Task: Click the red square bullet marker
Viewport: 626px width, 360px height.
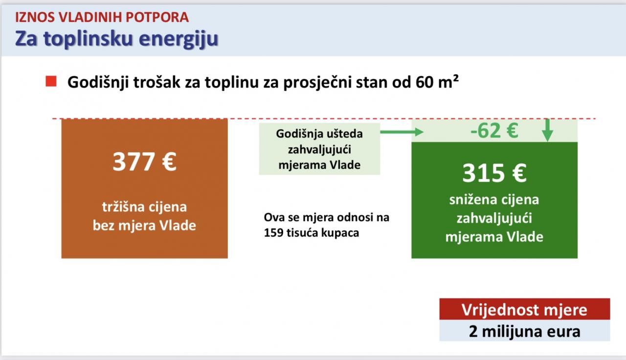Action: tap(51, 81)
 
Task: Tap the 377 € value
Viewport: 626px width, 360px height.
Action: tap(144, 161)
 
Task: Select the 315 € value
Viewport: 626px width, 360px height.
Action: tap(494, 173)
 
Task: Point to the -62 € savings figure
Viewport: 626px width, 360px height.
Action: tap(494, 131)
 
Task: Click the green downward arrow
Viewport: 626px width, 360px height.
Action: tap(547, 130)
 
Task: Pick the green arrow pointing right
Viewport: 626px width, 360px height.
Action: tap(402, 132)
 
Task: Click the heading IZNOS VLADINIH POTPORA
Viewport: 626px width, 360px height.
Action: tap(102, 17)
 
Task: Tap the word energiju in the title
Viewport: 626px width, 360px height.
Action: tap(179, 39)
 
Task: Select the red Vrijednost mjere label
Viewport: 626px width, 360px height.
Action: tap(525, 309)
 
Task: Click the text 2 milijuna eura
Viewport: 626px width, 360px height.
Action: tap(525, 332)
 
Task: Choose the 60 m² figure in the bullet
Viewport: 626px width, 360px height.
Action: tap(437, 82)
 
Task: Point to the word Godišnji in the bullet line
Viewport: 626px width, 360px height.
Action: tap(98, 83)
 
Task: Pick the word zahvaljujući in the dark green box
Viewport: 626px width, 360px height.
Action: tap(494, 218)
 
